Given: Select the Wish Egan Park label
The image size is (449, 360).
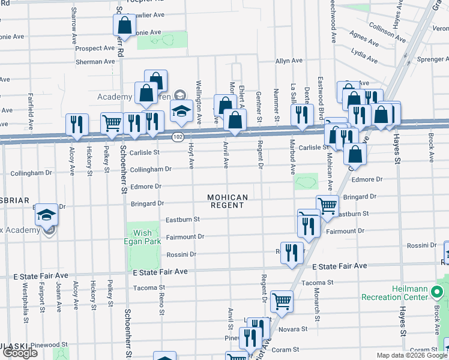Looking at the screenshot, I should coord(142,238).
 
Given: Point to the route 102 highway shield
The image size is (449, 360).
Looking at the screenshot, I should coord(178,137).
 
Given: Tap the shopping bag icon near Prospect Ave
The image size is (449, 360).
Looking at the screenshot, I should coord(125,25).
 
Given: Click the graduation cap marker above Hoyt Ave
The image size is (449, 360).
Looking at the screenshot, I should coord(181,111).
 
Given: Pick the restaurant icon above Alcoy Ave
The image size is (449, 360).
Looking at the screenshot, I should coord(77,124).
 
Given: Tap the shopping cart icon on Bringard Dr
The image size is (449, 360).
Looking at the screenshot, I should coord(327,205).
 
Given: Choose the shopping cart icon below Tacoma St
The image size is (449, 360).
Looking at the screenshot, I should coord(282,301).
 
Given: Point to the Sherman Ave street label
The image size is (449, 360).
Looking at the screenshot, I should coord(95,62).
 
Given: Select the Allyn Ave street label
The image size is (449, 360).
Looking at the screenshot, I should coord(289,61).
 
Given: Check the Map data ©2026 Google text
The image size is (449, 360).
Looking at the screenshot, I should coord(411,355).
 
